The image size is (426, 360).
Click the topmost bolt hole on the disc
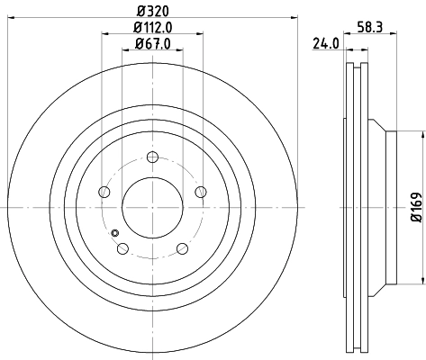tap(151, 159)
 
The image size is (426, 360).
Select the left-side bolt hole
tap(104, 193)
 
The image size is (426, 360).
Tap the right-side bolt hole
tap(198, 193)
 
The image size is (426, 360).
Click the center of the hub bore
tap(151, 207)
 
